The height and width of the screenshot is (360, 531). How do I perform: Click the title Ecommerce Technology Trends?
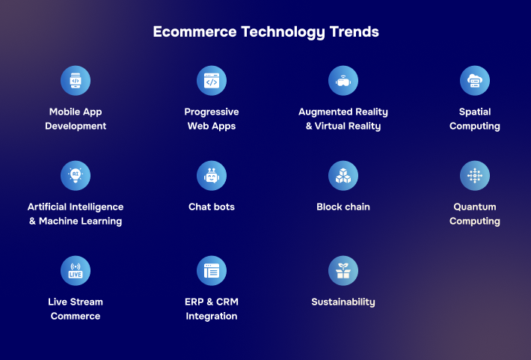click(265, 32)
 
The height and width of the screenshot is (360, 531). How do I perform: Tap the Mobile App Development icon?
click(76, 81)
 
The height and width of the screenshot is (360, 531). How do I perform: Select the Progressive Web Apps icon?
click(212, 81)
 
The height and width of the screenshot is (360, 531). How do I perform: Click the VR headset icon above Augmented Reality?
click(343, 81)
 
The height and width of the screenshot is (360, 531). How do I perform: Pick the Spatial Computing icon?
click(475, 81)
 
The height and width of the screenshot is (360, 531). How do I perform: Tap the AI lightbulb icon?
click(76, 176)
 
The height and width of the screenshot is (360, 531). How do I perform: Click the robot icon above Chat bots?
click(212, 176)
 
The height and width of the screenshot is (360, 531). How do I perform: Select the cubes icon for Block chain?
click(343, 176)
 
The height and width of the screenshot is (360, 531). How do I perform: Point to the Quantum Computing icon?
click(475, 176)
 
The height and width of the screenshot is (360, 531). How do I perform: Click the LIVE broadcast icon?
click(76, 271)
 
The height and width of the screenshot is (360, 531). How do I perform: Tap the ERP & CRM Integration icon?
click(212, 271)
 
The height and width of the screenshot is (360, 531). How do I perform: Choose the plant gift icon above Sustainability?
click(343, 271)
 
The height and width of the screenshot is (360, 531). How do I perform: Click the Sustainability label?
click(343, 302)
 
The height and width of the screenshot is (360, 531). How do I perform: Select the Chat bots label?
click(212, 207)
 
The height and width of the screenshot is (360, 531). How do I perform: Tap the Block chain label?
click(343, 207)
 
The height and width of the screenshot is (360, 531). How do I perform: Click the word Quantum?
click(475, 207)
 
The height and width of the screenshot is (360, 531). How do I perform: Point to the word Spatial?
click(475, 112)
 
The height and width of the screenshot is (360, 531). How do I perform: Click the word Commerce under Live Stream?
click(76, 317)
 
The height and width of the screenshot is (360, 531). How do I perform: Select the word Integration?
click(212, 317)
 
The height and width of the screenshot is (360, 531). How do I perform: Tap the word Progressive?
click(212, 112)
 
